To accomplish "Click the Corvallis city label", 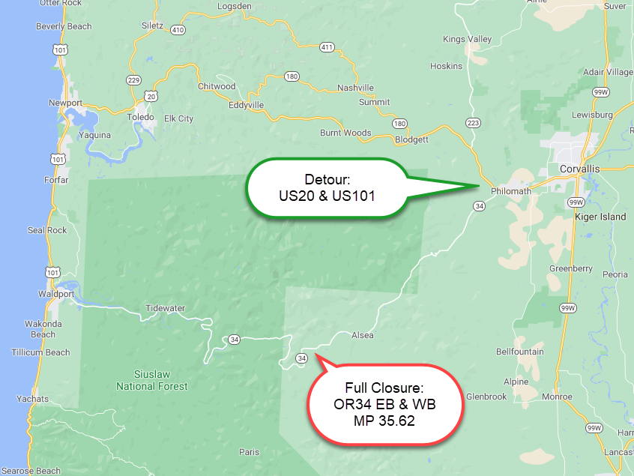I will point(580,169).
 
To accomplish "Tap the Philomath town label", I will point(510,191).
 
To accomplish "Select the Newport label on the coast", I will point(65,102).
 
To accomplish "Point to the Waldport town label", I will point(56,294).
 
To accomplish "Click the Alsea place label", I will point(363,335).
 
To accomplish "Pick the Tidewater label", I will point(166,308).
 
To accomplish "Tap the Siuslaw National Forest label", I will point(152,380).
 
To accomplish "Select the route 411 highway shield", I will point(326,47).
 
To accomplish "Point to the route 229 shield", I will point(134,80).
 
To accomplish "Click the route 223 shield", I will point(472,122).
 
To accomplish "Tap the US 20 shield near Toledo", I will point(152,96).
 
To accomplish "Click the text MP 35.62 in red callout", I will point(384,421).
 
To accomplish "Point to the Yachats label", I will point(33,399).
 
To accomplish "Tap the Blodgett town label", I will point(411,139).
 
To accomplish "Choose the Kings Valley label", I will point(468,39).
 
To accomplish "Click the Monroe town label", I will point(556,397).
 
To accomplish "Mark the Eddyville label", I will point(247,106).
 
